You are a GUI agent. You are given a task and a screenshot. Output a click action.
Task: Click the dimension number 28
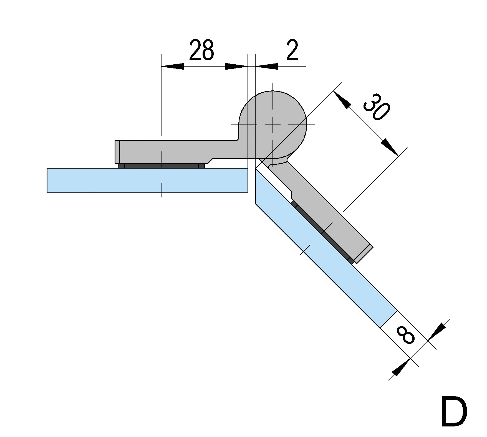201,50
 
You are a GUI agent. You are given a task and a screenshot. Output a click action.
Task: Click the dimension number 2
292,50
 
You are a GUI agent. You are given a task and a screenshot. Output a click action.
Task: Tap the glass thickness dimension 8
406,335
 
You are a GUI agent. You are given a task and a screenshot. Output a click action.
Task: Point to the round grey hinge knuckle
273,125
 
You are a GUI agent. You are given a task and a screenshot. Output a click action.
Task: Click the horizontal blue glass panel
147,180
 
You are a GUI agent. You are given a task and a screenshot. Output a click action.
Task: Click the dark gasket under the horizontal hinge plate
161,166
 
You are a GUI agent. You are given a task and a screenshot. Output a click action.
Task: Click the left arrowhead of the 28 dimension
172,66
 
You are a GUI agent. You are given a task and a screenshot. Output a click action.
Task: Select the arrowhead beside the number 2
266,66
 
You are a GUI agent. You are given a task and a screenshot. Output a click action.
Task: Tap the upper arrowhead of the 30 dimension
342,99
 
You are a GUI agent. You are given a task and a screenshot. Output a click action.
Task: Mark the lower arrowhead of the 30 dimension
390,147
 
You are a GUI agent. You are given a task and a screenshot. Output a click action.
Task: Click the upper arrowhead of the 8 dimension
437,332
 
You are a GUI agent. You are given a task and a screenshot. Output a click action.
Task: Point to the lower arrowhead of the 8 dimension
402,367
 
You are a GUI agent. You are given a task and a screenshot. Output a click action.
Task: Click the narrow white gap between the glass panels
251,180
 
